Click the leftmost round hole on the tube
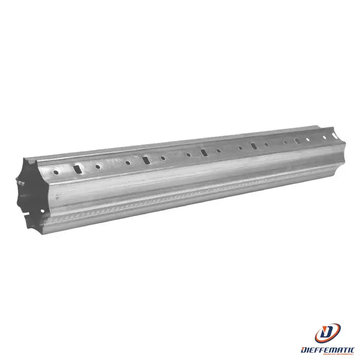coord(55,171)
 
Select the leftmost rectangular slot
coord(77,168)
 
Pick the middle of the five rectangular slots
coord(204,152)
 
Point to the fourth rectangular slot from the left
coord(253,147)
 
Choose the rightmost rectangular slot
coord(296,141)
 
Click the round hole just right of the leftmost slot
coord(97,166)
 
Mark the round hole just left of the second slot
coord(128,163)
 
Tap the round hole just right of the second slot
coord(163,158)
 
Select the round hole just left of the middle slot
coord(188,154)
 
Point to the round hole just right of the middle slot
coord(219,151)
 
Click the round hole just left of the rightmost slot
coord(285,142)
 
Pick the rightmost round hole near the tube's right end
coord(325,137)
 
